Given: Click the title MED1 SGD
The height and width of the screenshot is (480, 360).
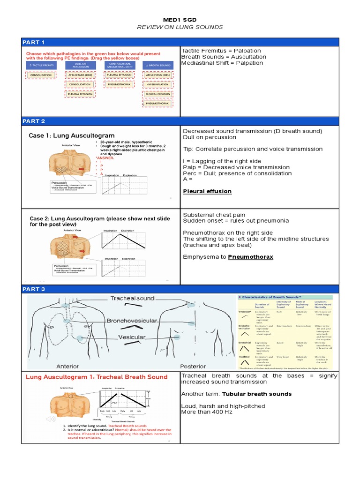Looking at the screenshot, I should tap(180, 20).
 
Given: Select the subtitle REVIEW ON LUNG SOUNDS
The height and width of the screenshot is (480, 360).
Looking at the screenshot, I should tap(180, 27).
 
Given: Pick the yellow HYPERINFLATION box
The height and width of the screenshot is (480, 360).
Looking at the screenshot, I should tap(157, 84).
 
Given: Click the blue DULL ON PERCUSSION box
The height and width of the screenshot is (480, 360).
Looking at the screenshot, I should tap(81, 65).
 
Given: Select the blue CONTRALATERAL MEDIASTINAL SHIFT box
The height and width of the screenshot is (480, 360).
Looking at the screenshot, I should tap(119, 65).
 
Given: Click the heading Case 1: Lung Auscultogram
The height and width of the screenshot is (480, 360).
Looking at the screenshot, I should tap(72, 135).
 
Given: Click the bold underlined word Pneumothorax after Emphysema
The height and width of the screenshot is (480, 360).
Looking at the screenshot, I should tap(250, 257).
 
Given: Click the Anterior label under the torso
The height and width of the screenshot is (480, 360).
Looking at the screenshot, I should tap(67, 366).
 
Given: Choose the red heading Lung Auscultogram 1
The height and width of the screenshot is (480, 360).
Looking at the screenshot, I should tap(96, 377).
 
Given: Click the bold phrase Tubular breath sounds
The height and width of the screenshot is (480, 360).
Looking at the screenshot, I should tap(256, 394).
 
